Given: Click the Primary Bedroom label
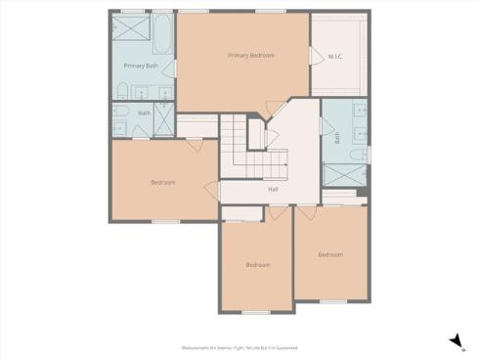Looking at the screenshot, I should pyautogui.click(x=251, y=56).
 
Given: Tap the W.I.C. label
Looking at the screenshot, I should pyautogui.click(x=334, y=56).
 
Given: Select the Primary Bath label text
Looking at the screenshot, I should pyautogui.click(x=141, y=66).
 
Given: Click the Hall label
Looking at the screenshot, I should pyautogui.click(x=273, y=189).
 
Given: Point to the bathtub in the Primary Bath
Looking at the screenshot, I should pyautogui.click(x=161, y=32).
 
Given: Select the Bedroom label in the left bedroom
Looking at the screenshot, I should pyautogui.click(x=162, y=182).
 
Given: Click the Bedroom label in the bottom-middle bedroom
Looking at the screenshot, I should pyautogui.click(x=257, y=265).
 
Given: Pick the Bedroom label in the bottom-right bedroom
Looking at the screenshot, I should pyautogui.click(x=330, y=254).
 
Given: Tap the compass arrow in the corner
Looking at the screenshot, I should pyautogui.click(x=455, y=339).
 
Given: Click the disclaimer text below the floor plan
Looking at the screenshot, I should pyautogui.click(x=239, y=347).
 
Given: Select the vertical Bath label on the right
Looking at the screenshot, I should pyautogui.click(x=337, y=139).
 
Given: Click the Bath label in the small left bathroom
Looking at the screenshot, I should pyautogui.click(x=144, y=113).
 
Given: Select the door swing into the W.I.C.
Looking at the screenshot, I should pyautogui.click(x=315, y=57).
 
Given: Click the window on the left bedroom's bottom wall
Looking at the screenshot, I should pyautogui.click(x=165, y=221).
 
